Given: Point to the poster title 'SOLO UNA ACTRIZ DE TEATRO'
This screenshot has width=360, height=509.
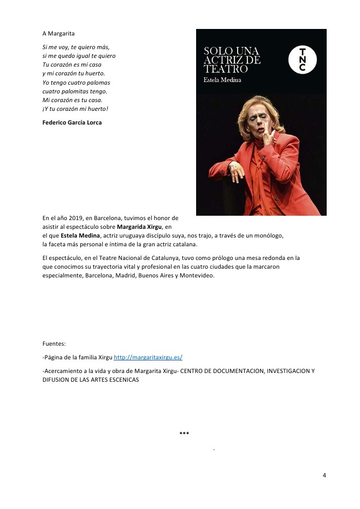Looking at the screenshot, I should (232, 60).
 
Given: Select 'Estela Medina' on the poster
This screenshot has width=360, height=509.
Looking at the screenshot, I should (222, 80).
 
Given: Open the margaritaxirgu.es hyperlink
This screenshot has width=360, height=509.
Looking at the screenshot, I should (147, 357).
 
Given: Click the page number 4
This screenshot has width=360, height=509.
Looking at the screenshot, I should (324, 475).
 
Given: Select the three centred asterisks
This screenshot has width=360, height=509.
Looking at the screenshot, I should (184, 434).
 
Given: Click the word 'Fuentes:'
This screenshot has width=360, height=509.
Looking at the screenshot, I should (54, 344).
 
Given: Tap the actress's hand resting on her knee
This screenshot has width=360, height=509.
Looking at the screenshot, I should (237, 173).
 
